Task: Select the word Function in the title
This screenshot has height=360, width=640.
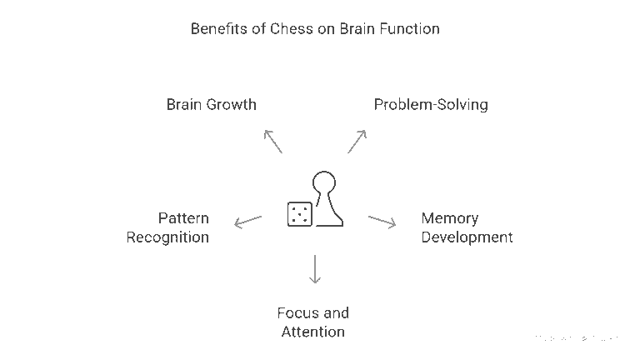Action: [409, 29]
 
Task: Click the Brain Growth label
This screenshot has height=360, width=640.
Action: [211, 105]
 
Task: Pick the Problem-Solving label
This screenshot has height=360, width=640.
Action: [431, 105]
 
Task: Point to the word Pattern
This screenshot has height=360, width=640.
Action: [183, 218]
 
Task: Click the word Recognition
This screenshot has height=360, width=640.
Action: [167, 237]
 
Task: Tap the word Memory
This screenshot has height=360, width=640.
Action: [450, 218]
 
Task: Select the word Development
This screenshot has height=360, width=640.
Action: [467, 237]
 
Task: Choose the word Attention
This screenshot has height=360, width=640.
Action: [312, 332]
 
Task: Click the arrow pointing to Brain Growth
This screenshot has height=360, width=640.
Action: [272, 141]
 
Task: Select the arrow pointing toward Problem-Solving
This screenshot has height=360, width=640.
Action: [357, 141]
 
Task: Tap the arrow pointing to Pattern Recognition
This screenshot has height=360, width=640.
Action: [247, 221]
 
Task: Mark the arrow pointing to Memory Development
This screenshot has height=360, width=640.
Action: [382, 221]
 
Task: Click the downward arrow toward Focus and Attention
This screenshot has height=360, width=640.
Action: [314, 269]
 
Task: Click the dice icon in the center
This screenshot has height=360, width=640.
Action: [299, 213]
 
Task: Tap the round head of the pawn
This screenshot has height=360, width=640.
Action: [324, 182]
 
